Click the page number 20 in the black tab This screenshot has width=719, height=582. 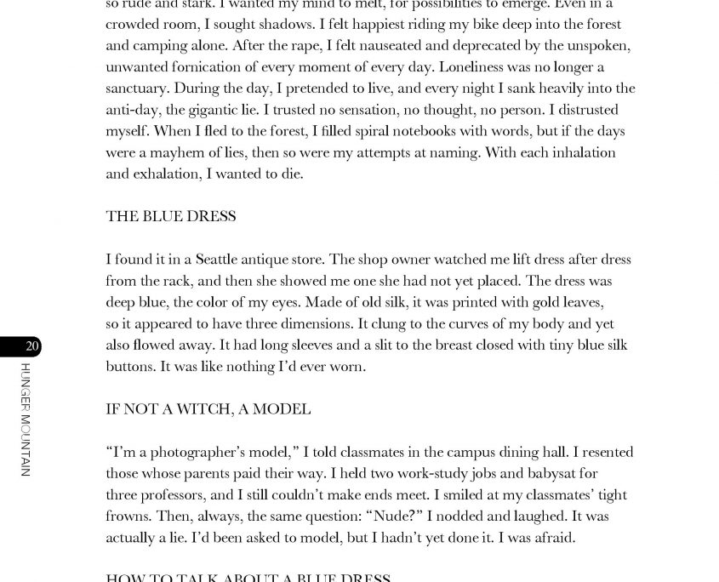31,346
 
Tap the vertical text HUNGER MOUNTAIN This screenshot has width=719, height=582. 26,419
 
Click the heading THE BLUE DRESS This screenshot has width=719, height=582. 170,216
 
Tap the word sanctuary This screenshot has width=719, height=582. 137,88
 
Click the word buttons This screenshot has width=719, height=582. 130,367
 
